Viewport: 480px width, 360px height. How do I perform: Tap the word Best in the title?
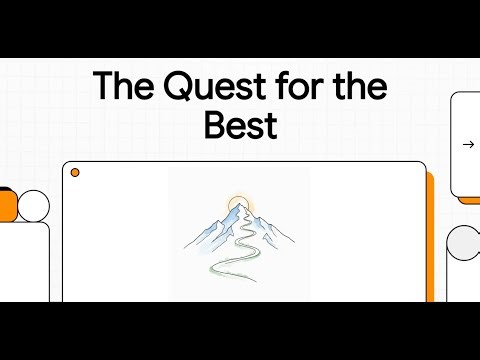tap(240, 126)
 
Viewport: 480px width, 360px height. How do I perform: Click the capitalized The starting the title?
tap(121, 88)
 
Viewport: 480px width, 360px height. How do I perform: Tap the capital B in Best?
tap(214, 126)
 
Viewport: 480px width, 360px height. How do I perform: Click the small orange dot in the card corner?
tap(75, 173)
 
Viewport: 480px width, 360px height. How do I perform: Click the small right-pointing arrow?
tap(468, 144)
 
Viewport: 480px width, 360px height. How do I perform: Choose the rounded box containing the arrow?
tap(466, 144)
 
